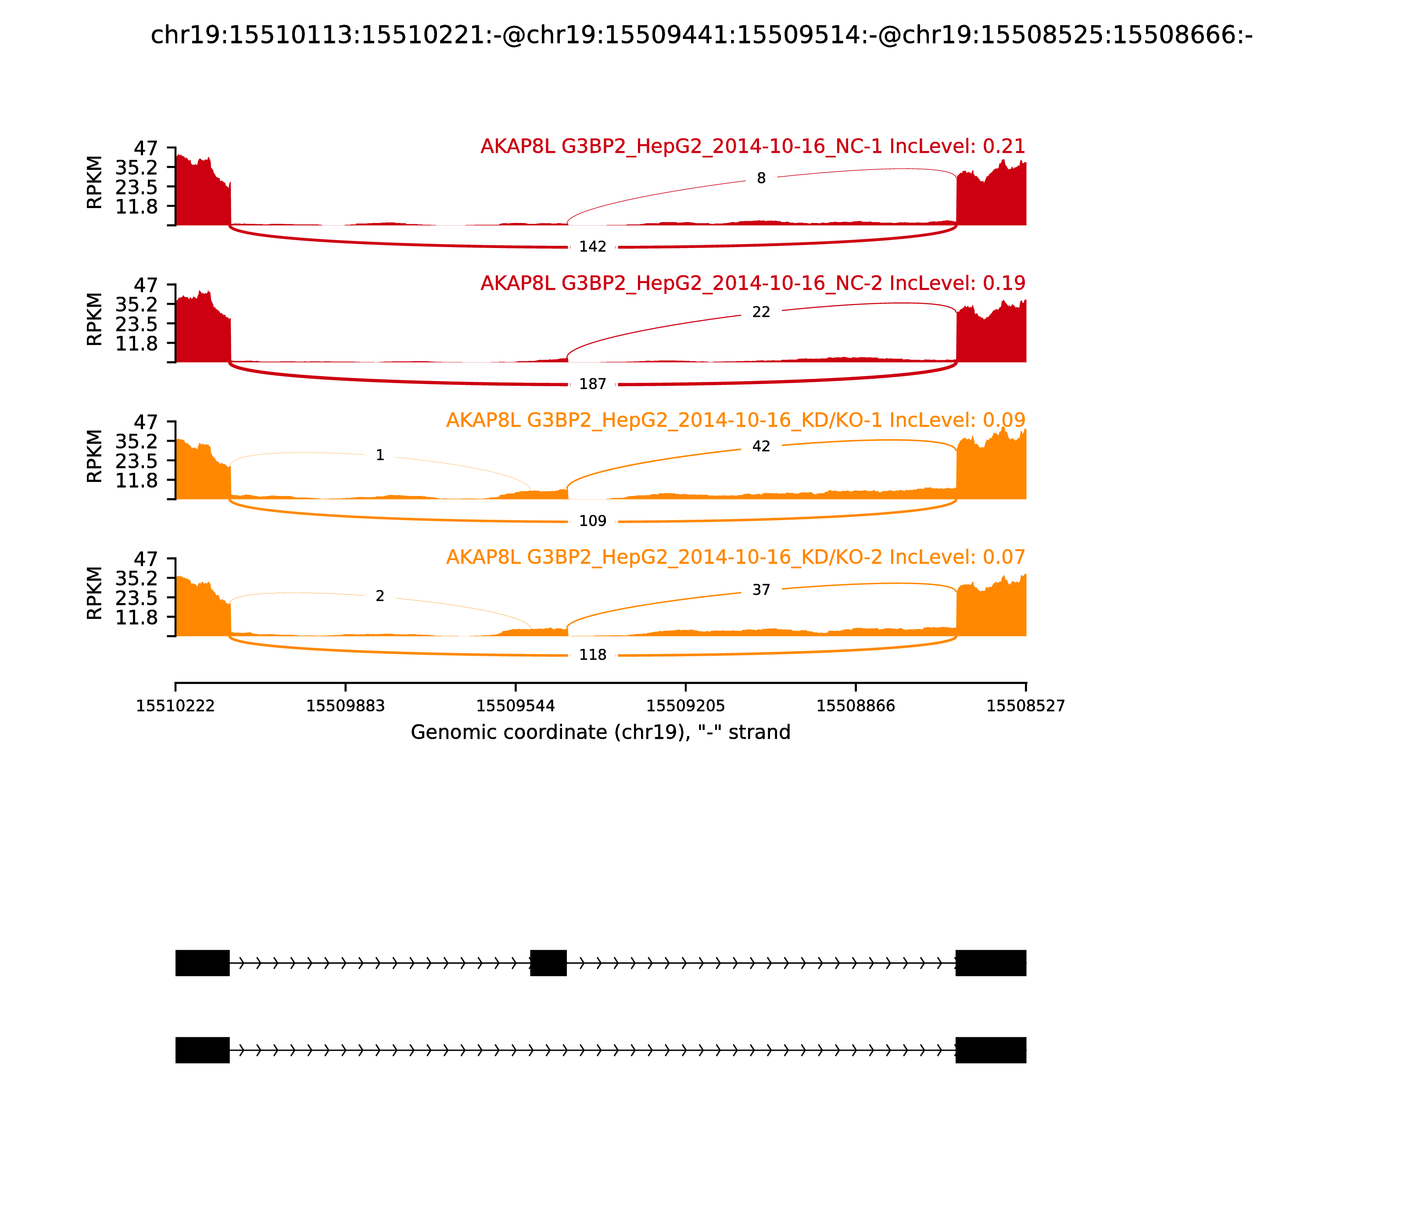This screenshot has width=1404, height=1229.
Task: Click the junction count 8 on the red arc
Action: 761,178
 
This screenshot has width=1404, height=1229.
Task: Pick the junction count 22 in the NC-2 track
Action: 761,312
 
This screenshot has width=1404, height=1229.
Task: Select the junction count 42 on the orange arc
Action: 761,446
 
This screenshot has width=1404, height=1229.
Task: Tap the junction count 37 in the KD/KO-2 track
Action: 761,590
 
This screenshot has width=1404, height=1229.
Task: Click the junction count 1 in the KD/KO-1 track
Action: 380,456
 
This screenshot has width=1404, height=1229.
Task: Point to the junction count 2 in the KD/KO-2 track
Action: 380,596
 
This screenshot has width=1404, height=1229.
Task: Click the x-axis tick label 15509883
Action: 346,706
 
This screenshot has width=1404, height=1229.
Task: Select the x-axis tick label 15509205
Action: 685,706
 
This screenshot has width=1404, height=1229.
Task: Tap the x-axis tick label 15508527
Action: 1026,706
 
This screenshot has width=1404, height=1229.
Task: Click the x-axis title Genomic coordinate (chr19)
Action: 601,733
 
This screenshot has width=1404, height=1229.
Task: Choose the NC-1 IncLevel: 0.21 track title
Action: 753,147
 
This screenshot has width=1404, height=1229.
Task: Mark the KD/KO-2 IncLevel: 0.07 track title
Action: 736,557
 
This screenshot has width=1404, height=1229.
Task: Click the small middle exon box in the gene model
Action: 548,963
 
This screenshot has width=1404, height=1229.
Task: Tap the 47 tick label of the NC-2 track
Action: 145,285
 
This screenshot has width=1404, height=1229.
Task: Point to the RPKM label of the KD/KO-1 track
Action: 95,456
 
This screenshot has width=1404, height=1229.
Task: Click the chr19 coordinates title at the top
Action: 701,35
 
